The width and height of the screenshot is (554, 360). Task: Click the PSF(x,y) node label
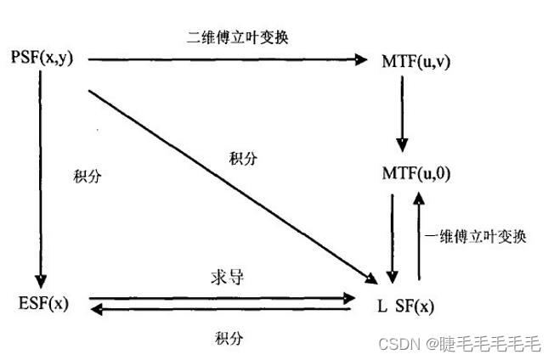pos(48,59)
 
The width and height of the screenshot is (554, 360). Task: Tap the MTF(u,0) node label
pos(415,174)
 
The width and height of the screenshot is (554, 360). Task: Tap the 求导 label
pos(224,278)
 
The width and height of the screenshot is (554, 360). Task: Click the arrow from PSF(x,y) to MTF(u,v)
pos(229,59)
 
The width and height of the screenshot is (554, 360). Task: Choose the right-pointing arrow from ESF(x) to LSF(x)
pos(221,297)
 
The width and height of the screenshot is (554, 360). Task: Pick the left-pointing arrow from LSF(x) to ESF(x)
pos(221,310)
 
